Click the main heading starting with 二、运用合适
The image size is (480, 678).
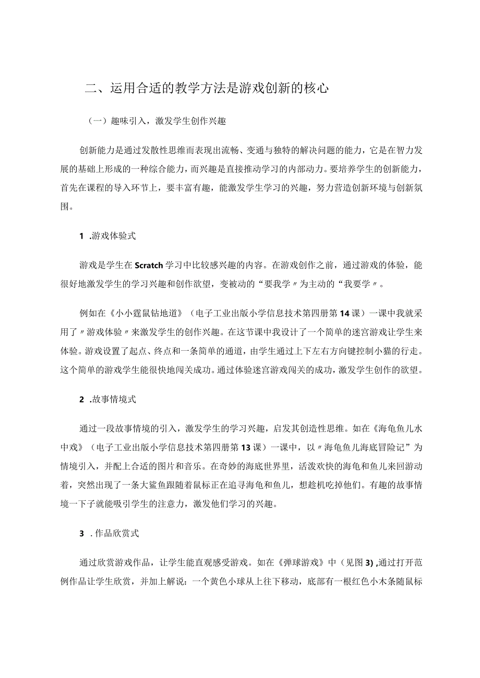[206, 89]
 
